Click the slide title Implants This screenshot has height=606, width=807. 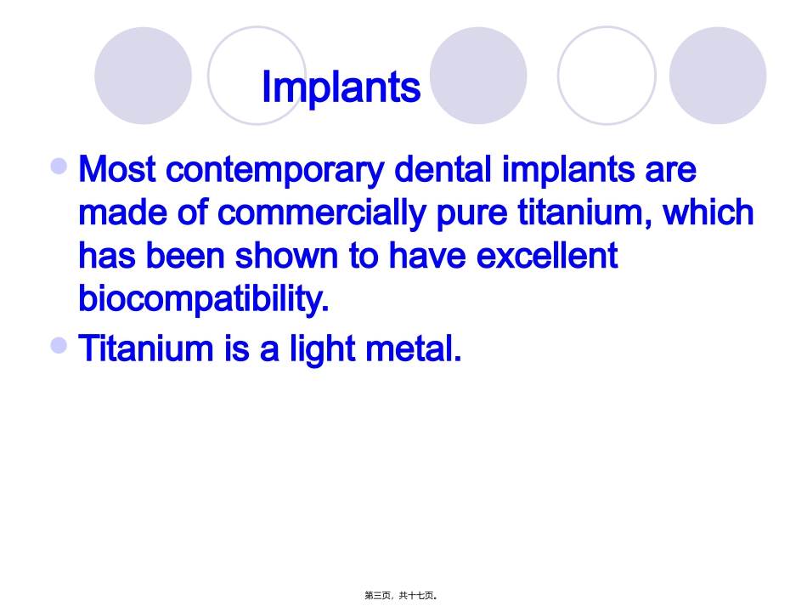[x=341, y=87]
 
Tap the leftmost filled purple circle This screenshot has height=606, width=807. [x=143, y=76]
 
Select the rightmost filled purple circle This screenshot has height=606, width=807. [x=717, y=76]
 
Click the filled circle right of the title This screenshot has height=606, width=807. [x=478, y=76]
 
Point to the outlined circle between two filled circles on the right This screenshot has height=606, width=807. [x=606, y=76]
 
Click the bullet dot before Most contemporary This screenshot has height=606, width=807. [x=59, y=166]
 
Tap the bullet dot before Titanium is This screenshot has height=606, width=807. [x=59, y=344]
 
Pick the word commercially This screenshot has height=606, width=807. [x=324, y=212]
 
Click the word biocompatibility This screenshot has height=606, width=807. [x=203, y=298]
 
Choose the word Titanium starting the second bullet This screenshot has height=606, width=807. [x=145, y=349]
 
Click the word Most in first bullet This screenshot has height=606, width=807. [x=117, y=170]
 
